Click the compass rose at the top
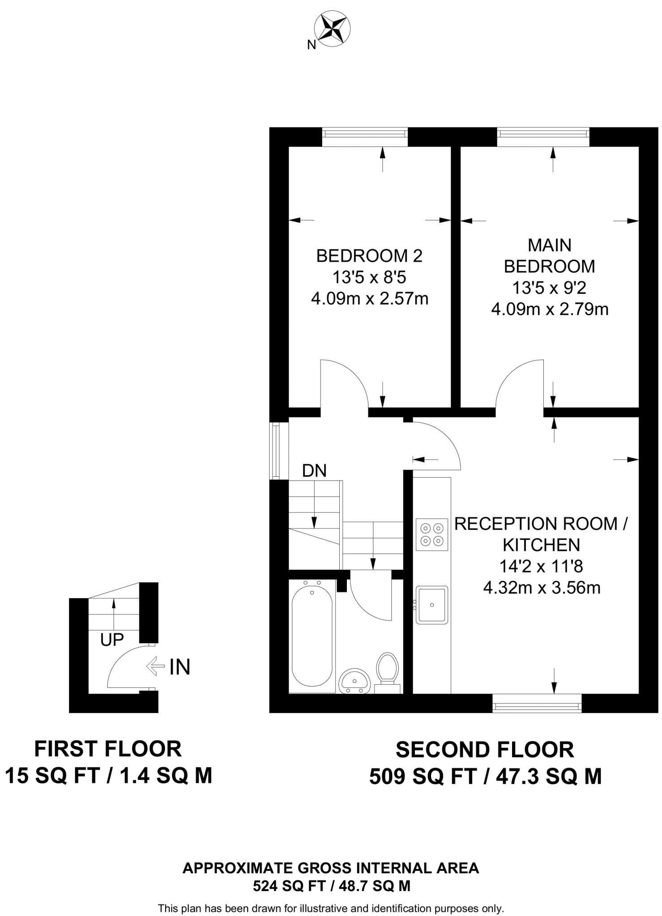coord(332,30)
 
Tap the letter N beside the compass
coord(312,45)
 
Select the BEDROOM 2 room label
coord(369,256)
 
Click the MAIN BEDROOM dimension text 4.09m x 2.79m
coord(550,309)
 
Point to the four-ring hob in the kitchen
coord(432,534)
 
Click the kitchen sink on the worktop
coord(432,605)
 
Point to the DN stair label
coord(314,471)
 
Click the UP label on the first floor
coord(112,640)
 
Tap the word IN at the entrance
coord(180,667)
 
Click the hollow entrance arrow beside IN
coord(156,666)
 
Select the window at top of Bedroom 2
coord(365,137)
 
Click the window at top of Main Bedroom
coord(543,137)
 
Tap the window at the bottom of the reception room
coord(537,703)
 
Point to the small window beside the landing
coord(279,451)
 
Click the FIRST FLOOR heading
coord(108,749)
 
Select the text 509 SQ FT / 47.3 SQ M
coord(485,776)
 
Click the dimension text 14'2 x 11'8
coord(541,567)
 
